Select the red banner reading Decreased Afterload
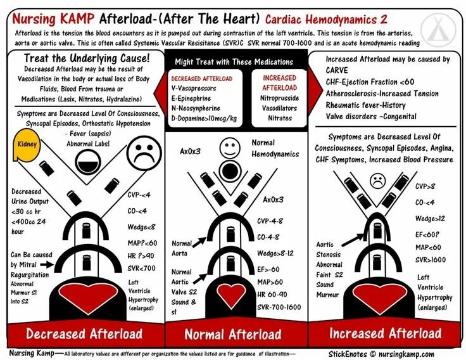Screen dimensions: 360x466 83,333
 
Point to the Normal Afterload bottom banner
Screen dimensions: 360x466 232,333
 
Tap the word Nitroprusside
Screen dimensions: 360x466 279,98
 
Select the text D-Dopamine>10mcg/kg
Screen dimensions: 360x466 204,118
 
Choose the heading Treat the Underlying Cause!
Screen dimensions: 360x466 86,58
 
